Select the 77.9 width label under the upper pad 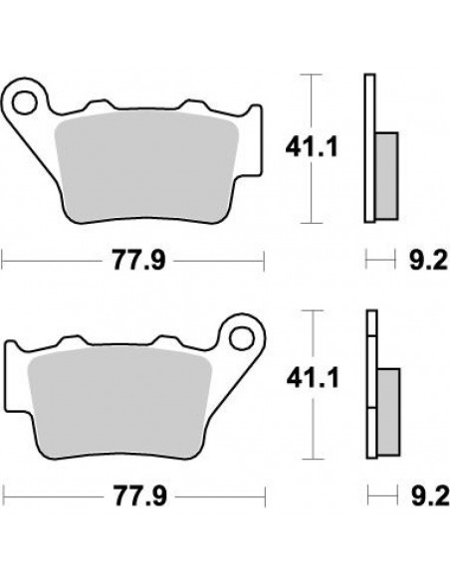135,262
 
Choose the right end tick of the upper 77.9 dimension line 264,261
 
